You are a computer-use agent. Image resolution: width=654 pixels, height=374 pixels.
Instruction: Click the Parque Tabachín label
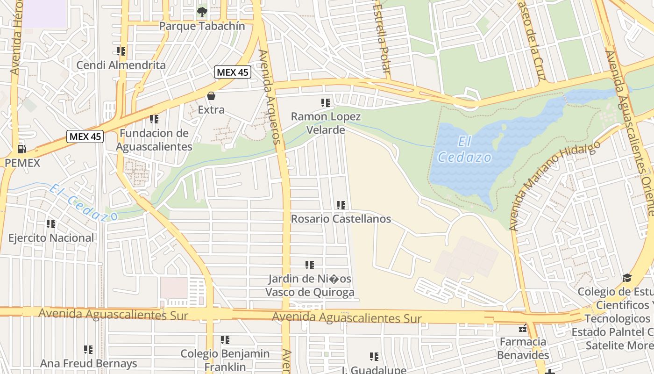point(202,26)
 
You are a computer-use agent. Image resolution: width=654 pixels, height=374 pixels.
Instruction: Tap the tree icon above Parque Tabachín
point(202,12)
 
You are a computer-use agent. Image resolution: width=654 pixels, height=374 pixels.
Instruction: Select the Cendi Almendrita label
point(121,65)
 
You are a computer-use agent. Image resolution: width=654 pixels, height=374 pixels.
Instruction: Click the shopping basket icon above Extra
point(211,96)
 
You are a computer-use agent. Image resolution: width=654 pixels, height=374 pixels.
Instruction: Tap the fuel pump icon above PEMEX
point(21,149)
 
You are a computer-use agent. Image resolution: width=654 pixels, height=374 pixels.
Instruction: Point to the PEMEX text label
point(22,163)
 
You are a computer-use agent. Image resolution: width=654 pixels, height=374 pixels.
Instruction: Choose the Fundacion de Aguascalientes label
point(154,140)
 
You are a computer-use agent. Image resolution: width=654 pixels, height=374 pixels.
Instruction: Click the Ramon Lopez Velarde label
point(326,123)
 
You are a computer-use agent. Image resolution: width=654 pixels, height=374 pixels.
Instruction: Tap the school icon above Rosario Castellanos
point(341,205)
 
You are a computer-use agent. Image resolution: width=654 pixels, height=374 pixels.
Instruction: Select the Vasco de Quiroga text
point(310,293)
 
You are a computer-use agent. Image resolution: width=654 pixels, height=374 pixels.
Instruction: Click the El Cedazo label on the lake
point(465,150)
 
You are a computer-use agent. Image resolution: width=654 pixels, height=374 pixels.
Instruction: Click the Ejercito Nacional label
point(51,238)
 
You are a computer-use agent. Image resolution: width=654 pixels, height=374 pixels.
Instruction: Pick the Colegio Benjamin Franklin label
point(225,360)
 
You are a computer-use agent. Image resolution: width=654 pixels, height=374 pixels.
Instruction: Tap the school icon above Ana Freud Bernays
point(88,349)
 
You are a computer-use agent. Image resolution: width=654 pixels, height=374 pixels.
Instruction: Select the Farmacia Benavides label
point(523,348)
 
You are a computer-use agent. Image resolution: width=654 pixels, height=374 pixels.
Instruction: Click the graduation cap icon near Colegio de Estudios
point(627,278)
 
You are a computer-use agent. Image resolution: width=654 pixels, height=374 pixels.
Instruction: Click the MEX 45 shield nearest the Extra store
point(233,72)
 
